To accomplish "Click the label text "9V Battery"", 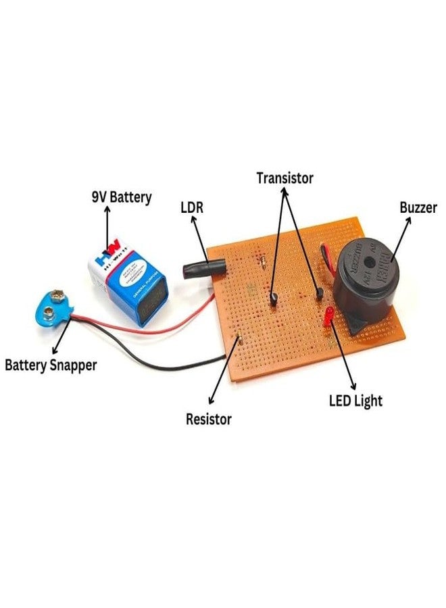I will pyautogui.click(x=122, y=197).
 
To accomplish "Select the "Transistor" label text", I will pyautogui.click(x=285, y=178).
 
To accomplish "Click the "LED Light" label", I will pyautogui.click(x=355, y=401).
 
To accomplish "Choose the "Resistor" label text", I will pyautogui.click(x=209, y=420).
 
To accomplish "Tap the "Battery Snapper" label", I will pyautogui.click(x=51, y=365).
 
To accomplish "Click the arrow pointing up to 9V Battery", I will pyautogui.click(x=107, y=225).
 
